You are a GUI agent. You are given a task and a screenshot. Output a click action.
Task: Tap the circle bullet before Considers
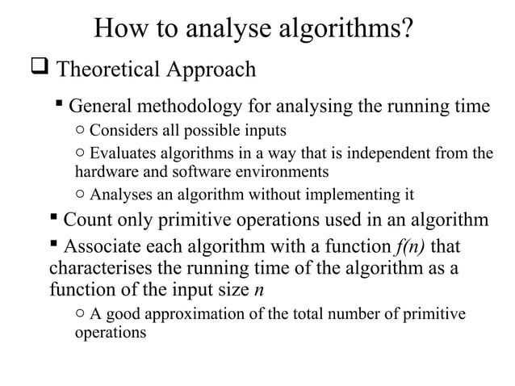(79, 132)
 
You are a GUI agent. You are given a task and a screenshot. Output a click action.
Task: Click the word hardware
(103, 171)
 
